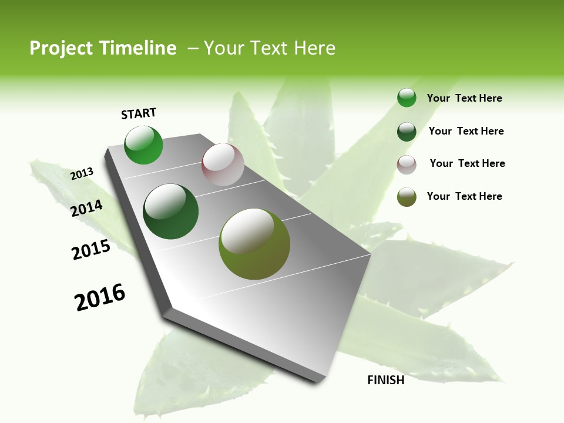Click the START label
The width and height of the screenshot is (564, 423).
click(x=139, y=113)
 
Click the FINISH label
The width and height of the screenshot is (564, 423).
click(x=385, y=380)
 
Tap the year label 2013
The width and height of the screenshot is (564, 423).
click(x=82, y=174)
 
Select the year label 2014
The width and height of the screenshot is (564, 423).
click(x=87, y=208)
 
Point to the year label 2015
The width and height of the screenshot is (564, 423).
click(x=91, y=250)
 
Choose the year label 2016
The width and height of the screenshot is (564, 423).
click(x=100, y=298)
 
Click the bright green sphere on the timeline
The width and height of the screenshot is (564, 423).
click(x=143, y=145)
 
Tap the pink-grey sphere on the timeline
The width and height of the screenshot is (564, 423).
click(x=223, y=164)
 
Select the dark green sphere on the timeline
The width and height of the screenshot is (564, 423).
click(x=171, y=211)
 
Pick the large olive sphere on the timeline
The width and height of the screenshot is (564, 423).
click(x=254, y=244)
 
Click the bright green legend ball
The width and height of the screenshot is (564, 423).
click(x=407, y=98)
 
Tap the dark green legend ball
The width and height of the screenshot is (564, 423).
click(x=407, y=132)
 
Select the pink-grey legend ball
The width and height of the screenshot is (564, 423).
click(x=407, y=164)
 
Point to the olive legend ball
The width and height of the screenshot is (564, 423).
click(x=407, y=197)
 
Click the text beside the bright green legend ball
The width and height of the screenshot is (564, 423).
click(x=464, y=98)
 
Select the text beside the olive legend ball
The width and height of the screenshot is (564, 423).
click(x=464, y=196)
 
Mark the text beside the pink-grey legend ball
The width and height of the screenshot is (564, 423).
click(x=467, y=163)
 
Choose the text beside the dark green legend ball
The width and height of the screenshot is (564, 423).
click(x=466, y=131)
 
